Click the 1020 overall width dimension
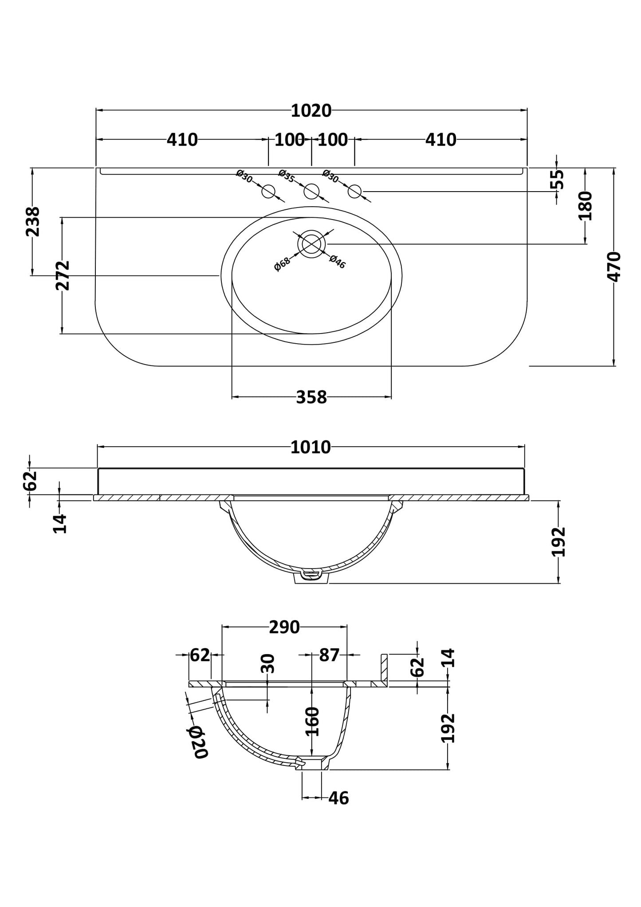(311, 111)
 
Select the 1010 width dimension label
(311, 448)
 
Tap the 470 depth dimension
(614, 267)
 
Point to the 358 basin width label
(311, 397)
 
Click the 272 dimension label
(63, 275)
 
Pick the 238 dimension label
(33, 222)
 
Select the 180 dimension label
(586, 206)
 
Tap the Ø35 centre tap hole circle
(311, 191)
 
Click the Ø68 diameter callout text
(282, 264)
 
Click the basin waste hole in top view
(311, 244)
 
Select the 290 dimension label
(284, 627)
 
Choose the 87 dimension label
(329, 655)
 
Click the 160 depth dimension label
(313, 721)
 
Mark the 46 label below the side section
(339, 798)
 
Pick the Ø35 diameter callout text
(287, 176)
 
